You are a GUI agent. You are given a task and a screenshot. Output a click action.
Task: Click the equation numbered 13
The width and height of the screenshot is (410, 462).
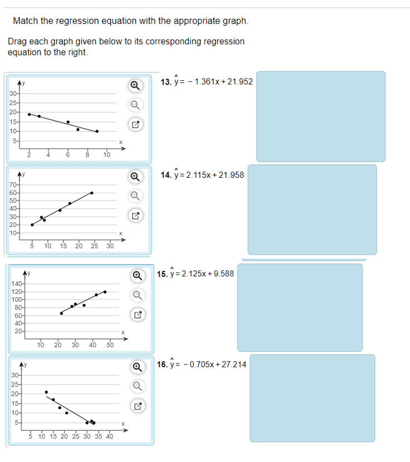coord(206,82)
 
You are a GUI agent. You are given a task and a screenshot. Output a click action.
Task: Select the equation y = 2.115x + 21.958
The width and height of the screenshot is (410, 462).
coord(202,175)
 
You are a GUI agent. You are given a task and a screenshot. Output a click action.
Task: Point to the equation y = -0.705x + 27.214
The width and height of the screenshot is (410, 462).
coord(203,364)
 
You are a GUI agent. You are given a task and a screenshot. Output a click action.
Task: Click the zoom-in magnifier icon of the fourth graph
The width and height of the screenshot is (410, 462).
coord(135,367)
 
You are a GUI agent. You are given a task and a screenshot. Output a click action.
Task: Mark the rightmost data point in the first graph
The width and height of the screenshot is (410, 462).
coord(97,132)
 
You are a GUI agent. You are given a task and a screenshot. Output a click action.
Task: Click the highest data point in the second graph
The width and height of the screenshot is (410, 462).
coord(92,193)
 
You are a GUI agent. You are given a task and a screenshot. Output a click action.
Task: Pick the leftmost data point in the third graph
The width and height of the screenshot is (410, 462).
coord(61,313)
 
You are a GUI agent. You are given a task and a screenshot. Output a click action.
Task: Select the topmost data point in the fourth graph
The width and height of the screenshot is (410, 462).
coord(46,392)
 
